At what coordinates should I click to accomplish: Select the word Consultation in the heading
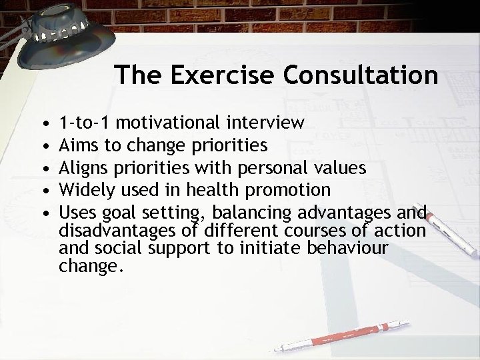[x=361, y=75]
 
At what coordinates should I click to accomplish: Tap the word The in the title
[x=137, y=75]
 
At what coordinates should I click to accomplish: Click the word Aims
[x=76, y=145]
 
